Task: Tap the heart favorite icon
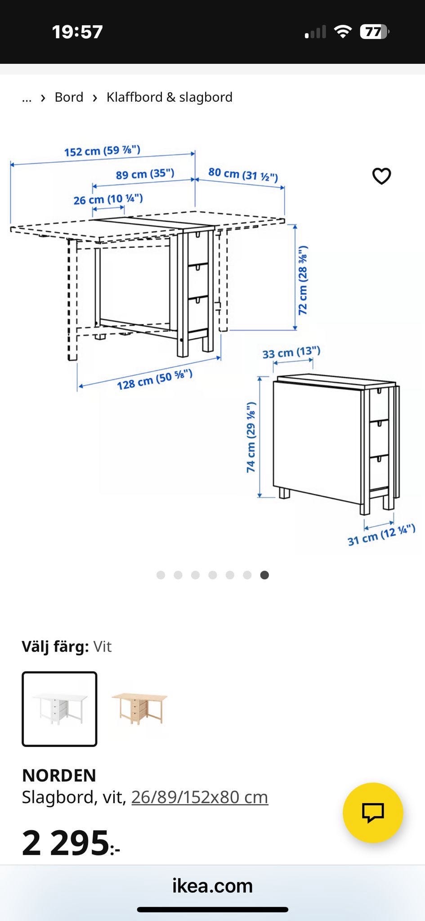coord(382,176)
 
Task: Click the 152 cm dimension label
coord(102,151)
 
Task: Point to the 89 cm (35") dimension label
coord(145,174)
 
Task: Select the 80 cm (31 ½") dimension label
coord(243,174)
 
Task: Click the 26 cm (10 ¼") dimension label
coord(108,199)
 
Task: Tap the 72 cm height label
coord(303,280)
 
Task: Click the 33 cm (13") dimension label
coord(291,352)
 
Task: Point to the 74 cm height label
coord(251,437)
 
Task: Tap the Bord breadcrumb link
coord(69,97)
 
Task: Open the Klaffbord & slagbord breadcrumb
coord(170,97)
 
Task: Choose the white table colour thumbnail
coord(59,709)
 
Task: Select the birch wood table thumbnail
coord(139,709)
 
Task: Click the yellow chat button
coord(373,813)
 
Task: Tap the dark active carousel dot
coord(264,575)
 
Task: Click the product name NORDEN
coord(59,775)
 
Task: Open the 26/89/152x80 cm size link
coord(200,797)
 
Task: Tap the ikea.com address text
coord(212,885)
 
